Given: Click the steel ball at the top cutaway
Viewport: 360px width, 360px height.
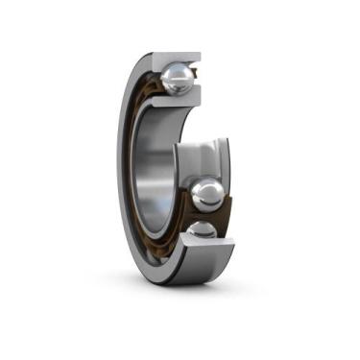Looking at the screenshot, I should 178,79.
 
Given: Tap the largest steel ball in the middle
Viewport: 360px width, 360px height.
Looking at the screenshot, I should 207,195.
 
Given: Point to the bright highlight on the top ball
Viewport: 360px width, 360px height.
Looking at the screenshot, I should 173,73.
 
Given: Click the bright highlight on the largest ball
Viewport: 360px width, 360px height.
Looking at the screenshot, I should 203,189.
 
